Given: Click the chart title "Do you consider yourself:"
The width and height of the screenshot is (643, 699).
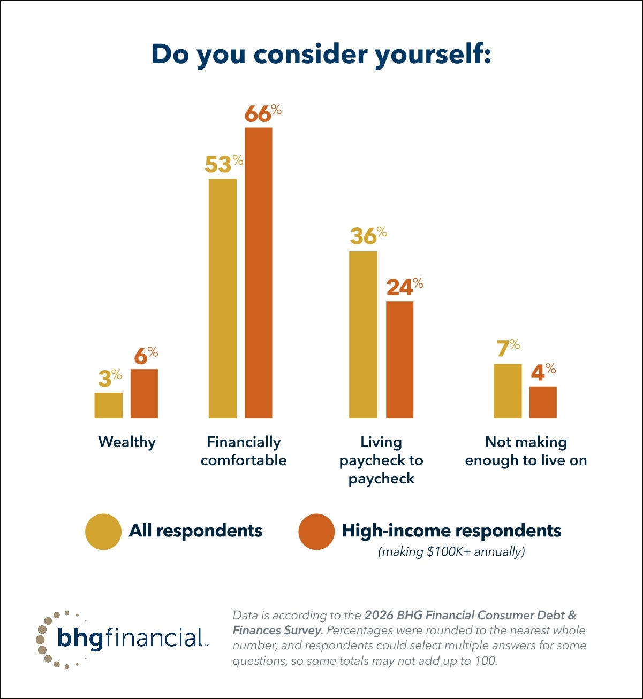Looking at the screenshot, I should click(321, 55).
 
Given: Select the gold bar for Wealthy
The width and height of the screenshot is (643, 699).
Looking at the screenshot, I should click(108, 405).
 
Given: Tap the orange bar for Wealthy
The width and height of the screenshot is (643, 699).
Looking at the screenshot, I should click(144, 394).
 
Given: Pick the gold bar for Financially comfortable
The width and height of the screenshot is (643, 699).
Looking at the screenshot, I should click(222, 298).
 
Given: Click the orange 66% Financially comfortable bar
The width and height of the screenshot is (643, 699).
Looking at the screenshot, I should click(259, 273).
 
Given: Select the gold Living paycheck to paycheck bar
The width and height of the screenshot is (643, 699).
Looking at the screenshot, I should click(363, 335).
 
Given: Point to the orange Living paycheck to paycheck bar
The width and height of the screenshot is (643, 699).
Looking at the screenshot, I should click(399, 359).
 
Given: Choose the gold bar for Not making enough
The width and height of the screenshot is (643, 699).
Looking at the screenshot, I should click(507, 391).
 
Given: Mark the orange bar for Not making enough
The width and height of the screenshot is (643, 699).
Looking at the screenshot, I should click(543, 402).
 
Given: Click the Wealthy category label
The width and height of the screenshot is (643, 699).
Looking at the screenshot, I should click(127, 442).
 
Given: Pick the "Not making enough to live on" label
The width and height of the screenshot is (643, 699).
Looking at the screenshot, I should click(526, 451).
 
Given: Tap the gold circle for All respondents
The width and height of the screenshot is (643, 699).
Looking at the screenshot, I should click(103, 532).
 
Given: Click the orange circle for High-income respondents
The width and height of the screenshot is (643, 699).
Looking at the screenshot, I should click(316, 532).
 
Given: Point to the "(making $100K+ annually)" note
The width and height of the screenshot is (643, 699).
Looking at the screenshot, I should click(451, 551).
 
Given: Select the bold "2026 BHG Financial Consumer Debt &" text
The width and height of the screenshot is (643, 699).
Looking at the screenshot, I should click(470, 616).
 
